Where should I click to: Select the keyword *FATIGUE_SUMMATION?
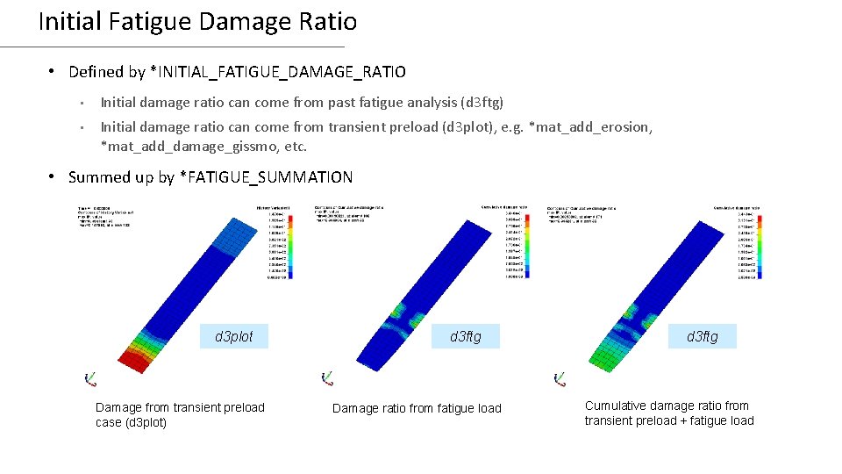point(266,177)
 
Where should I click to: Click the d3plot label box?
point(234,336)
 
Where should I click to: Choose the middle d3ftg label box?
point(466,336)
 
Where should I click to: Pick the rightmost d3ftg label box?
point(703,336)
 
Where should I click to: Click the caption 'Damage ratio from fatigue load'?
point(417,407)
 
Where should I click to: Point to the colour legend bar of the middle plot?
point(524,244)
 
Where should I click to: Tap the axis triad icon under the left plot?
point(89,378)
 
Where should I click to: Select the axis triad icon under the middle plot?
point(326,378)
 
